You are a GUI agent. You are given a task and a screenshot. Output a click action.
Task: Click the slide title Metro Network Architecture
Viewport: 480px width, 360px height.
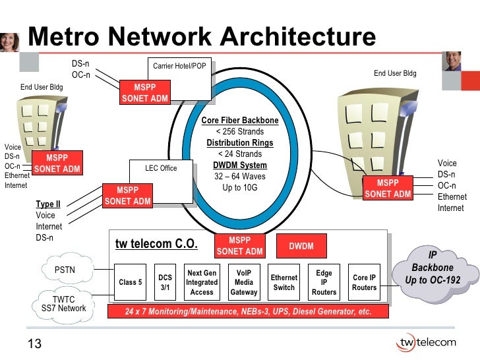(x=202, y=38)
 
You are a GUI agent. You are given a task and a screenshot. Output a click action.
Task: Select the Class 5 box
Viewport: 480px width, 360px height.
(x=130, y=282)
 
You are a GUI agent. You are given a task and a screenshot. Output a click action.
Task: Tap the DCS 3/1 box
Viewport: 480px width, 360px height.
(x=165, y=282)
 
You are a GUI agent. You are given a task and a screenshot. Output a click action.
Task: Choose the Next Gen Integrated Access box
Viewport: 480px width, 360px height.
(x=202, y=282)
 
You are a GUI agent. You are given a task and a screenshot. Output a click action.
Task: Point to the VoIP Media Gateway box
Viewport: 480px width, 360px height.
(x=243, y=282)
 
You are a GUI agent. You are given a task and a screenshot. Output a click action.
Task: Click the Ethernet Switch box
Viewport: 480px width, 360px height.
(x=284, y=282)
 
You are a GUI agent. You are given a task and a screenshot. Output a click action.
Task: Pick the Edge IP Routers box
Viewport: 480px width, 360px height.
(x=324, y=282)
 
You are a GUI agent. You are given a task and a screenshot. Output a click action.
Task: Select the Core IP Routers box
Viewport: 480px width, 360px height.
(x=364, y=282)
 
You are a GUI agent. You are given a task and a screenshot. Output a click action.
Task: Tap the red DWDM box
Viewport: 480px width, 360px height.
(x=301, y=247)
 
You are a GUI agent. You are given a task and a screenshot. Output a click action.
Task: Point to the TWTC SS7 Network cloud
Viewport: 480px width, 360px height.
(x=63, y=303)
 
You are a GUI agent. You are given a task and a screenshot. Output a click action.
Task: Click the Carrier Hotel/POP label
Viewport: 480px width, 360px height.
(x=179, y=66)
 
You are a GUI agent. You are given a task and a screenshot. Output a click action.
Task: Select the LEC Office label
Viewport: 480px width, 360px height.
(x=161, y=168)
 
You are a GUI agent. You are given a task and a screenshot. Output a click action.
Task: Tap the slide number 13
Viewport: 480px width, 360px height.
(x=34, y=344)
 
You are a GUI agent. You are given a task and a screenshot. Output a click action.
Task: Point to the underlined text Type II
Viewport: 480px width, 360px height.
(x=48, y=204)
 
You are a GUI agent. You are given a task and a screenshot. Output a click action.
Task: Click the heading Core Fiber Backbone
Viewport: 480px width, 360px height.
(x=240, y=121)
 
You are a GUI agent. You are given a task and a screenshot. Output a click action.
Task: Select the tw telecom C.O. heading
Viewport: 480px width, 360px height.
(x=156, y=244)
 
